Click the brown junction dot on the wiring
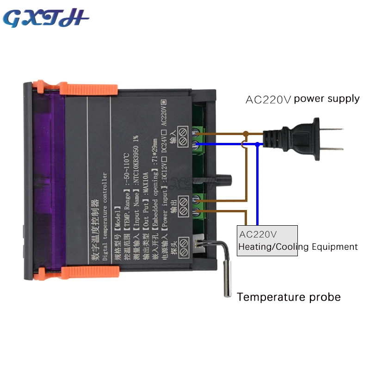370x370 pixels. point(246,134)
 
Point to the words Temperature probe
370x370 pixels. point(289,297)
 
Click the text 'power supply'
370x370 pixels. point(327,98)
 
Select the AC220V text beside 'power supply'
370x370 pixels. point(268,99)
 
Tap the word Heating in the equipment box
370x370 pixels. point(255,247)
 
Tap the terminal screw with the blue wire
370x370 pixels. point(196,145)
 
